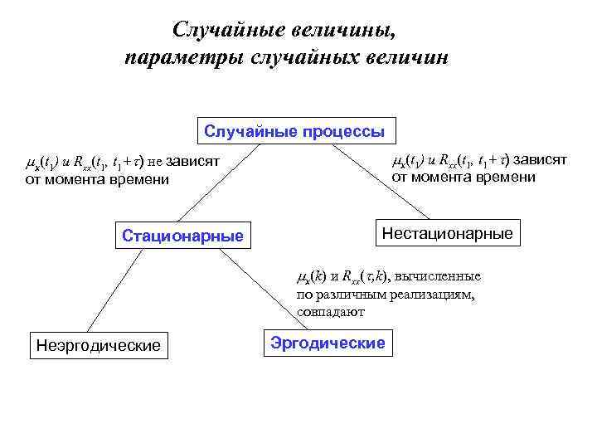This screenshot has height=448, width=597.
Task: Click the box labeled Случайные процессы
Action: pyautogui.click(x=294, y=131)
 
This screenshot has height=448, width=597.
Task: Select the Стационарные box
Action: pyautogui.click(x=182, y=236)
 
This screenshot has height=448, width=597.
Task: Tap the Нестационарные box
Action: pyautogui.click(x=447, y=233)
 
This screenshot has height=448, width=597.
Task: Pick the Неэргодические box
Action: pyautogui.click(x=98, y=345)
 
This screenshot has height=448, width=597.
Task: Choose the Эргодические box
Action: pyautogui.click(x=328, y=343)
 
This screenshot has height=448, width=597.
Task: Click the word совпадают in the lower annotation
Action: pyautogui.click(x=330, y=313)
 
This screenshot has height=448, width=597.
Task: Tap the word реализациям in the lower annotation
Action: pyautogui.click(x=432, y=295)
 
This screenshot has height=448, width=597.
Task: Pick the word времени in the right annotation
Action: pyautogui.click(x=507, y=177)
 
